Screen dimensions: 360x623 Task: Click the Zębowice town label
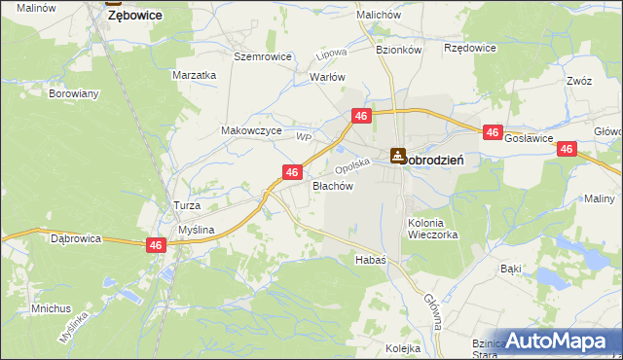pyautogui.click(x=134, y=17)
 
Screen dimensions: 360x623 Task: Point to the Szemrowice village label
pyautogui.click(x=263, y=56)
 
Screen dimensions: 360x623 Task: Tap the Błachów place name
pyautogui.click(x=331, y=185)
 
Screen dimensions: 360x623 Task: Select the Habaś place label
pyautogui.click(x=371, y=260)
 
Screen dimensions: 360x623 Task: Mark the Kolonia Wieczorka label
pyautogui.click(x=434, y=228)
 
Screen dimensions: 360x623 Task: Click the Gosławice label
pyautogui.click(x=531, y=139)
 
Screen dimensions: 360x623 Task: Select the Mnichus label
pyautogui.click(x=51, y=308)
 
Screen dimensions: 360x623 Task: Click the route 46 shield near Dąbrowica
pyautogui.click(x=156, y=246)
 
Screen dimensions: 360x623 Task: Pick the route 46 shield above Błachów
pyautogui.click(x=291, y=172)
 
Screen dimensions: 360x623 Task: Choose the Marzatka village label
pyautogui.click(x=194, y=75)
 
